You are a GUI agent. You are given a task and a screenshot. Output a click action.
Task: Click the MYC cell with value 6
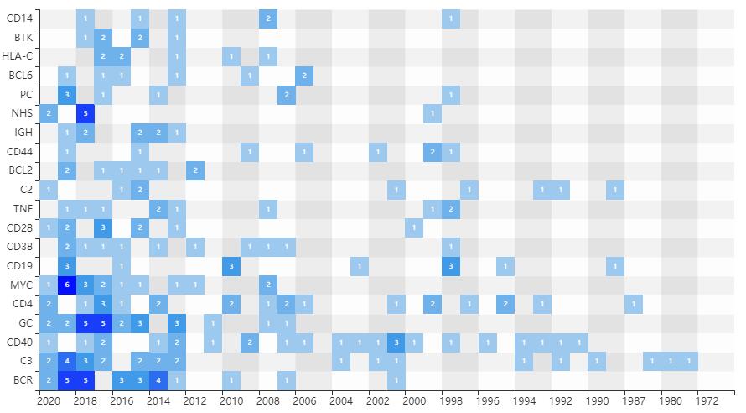(67, 285)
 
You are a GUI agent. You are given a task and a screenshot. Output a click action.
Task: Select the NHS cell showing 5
(85, 113)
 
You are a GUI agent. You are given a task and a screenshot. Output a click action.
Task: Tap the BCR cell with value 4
(158, 379)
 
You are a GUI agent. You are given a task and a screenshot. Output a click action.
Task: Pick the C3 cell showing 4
(67, 361)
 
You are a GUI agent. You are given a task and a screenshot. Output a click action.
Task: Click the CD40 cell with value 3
(396, 342)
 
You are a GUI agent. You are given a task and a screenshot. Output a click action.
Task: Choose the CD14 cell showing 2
(268, 18)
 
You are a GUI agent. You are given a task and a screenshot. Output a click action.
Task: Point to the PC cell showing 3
(67, 94)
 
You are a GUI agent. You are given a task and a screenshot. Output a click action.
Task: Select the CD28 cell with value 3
(103, 227)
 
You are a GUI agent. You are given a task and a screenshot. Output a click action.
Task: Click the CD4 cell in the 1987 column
(635, 304)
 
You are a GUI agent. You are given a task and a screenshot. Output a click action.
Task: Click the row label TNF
(23, 208)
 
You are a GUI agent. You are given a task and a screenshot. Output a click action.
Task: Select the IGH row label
(23, 133)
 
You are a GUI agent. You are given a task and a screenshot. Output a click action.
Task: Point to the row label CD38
(20, 247)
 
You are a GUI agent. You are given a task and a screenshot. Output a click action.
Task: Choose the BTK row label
(24, 37)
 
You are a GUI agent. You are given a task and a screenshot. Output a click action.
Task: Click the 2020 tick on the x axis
(49, 400)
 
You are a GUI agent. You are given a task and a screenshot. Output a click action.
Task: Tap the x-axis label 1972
(707, 400)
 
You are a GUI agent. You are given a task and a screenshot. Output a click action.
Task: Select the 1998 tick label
(451, 400)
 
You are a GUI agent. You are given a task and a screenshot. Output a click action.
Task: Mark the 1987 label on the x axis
(635, 400)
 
